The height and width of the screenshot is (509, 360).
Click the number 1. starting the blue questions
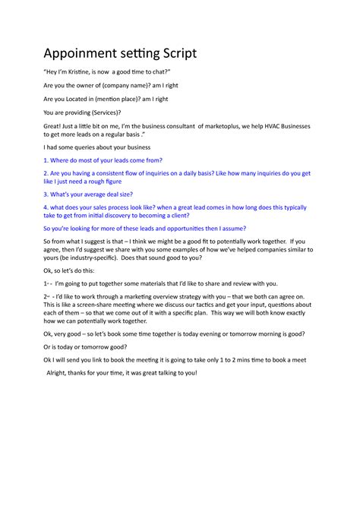click(x=46, y=160)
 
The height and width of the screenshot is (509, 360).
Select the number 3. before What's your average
click(x=46, y=194)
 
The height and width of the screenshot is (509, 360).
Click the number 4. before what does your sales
click(x=46, y=207)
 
